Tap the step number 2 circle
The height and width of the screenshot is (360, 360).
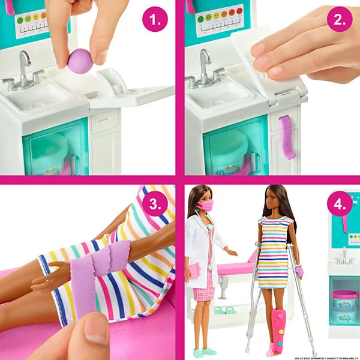tap(339, 20)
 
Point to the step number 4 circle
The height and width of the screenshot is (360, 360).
tap(339, 204)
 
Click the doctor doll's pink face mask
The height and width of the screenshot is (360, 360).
tap(206, 206)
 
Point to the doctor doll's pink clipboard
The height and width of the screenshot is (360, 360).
tap(193, 271)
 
